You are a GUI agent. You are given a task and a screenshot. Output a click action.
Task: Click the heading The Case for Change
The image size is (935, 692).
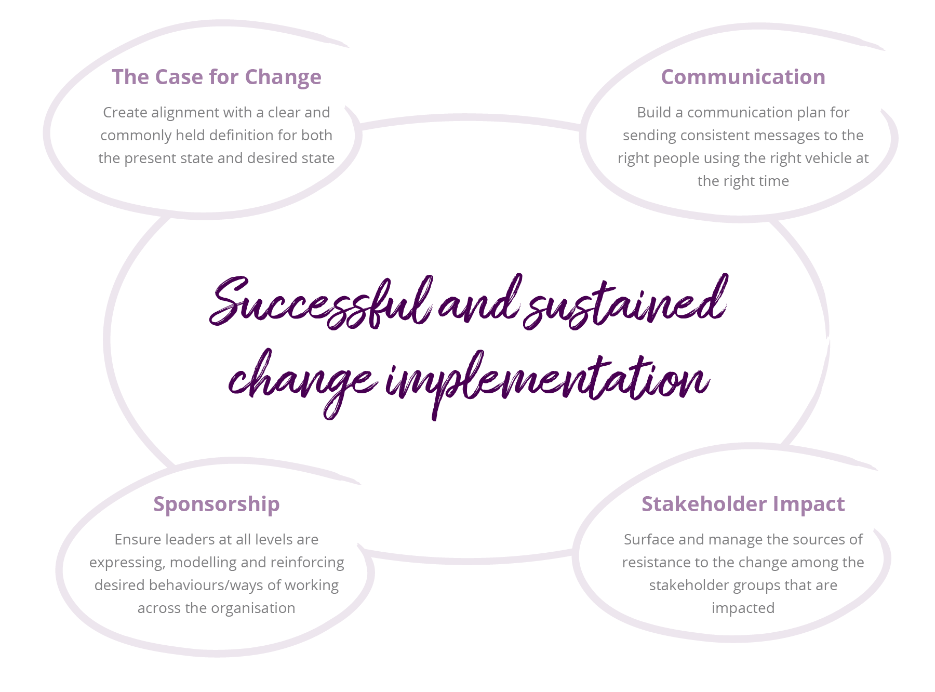click(217, 77)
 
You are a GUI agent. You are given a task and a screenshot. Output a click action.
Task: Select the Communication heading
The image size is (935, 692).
click(743, 77)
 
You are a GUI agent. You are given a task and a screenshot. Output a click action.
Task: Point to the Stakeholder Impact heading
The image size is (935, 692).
click(743, 504)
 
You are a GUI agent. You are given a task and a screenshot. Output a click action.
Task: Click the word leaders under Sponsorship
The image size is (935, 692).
click(187, 540)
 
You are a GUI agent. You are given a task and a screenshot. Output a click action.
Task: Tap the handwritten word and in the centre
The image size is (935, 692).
click(478, 303)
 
